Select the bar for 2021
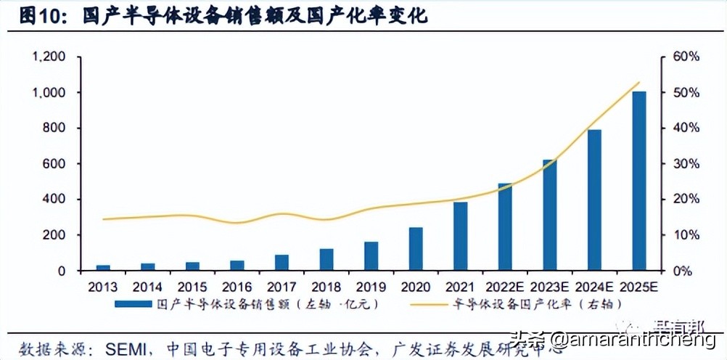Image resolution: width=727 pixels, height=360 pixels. [x=461, y=237]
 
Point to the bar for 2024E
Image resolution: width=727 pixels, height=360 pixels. [x=595, y=200]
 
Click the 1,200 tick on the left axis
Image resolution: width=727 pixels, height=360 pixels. [x=47, y=57]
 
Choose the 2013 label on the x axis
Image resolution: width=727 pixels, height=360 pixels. [x=102, y=287]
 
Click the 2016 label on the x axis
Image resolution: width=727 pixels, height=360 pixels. [x=237, y=287]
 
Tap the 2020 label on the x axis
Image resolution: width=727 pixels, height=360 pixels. [x=416, y=287]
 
